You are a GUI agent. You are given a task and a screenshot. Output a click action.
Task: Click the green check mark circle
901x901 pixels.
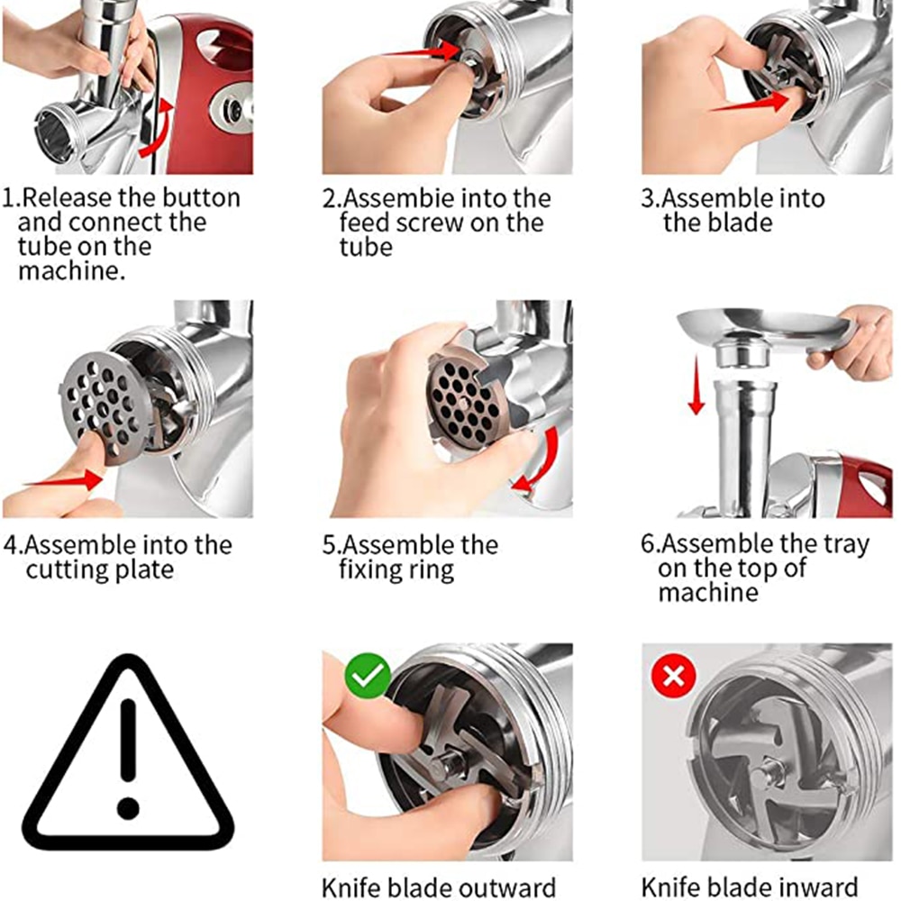pos(368,676)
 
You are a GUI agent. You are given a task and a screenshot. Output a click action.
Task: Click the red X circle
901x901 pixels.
pos(673,676)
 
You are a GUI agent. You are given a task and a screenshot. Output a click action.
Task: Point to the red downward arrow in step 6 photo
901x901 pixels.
pos(696,385)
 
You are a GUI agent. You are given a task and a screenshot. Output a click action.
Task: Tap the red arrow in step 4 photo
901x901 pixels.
pos(64,480)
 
